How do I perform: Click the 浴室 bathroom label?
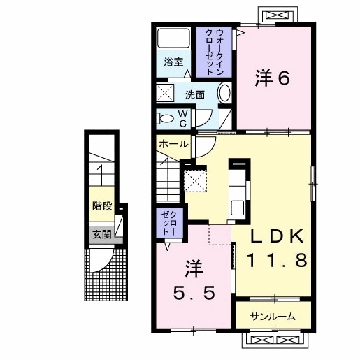tap(173, 62)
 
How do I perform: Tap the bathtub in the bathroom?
tap(173, 38)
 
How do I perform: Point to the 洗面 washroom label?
tap(195, 95)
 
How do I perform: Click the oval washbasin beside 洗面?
tap(224, 93)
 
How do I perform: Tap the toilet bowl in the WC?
tap(166, 119)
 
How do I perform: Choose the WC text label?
tap(182, 119)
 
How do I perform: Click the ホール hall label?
tap(173, 144)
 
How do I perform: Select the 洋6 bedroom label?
tap(273, 78)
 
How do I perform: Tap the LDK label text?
tap(278, 237)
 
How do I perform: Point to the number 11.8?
tap(277, 260)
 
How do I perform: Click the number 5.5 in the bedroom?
tap(194, 293)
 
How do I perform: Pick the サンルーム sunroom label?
tap(273, 317)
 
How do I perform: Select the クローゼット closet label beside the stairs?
tap(170, 222)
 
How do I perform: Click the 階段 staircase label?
tap(102, 206)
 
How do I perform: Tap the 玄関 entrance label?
tap(102, 235)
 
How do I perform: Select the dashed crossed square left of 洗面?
tap(165, 93)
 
